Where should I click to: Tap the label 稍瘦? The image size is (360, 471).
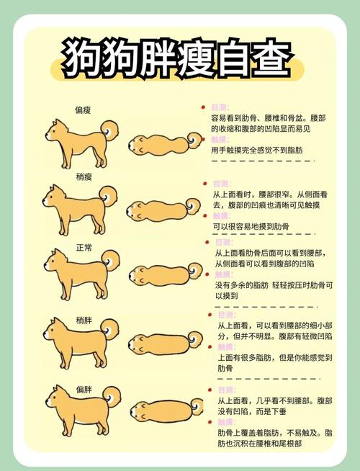[x=84, y=176]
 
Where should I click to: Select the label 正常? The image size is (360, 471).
[x=84, y=247]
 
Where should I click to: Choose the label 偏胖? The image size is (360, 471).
[x=84, y=389]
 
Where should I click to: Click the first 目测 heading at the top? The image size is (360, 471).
[x=220, y=107]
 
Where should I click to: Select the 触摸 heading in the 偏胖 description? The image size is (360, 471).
[x=227, y=422]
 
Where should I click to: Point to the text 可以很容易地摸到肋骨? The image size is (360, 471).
[x=251, y=226]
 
